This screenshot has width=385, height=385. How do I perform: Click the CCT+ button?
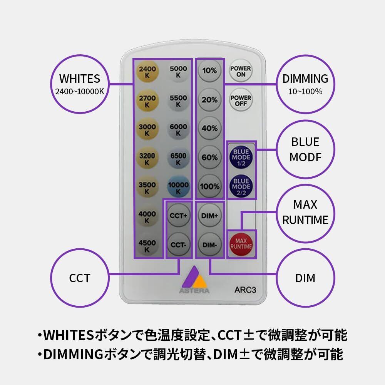click(178, 216)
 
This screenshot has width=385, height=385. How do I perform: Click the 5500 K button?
click(178, 101)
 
